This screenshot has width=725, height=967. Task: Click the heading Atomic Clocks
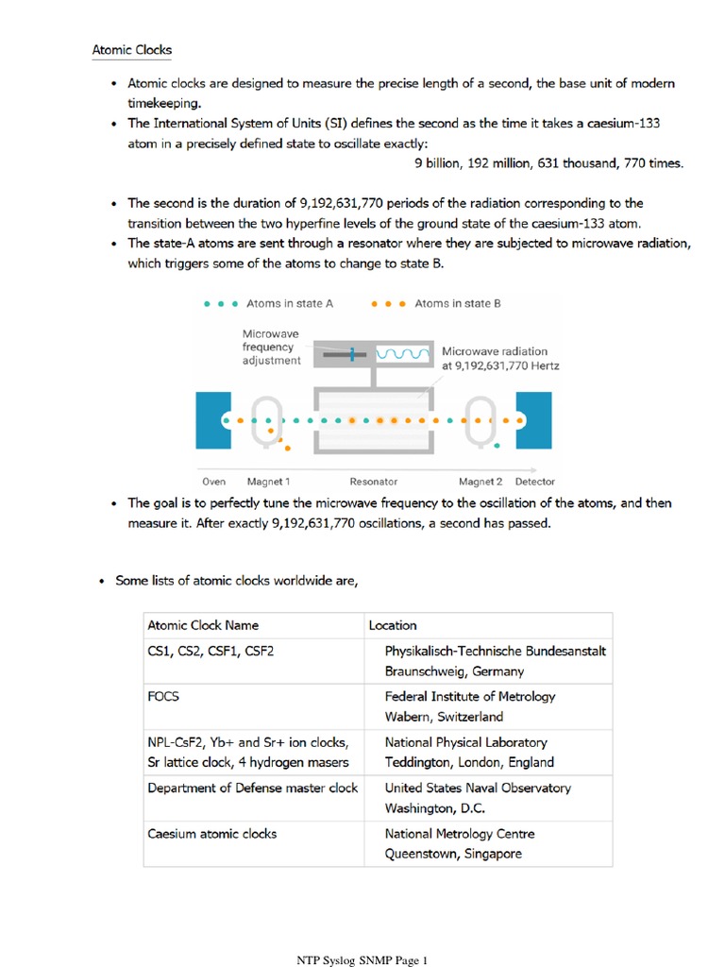(x=131, y=49)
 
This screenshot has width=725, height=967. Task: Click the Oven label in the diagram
(x=214, y=481)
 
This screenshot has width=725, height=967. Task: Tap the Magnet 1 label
(x=268, y=481)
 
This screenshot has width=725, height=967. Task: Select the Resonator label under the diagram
(x=374, y=481)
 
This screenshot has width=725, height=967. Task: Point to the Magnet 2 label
(x=481, y=481)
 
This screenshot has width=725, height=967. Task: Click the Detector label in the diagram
(x=535, y=481)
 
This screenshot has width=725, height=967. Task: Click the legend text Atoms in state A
(x=289, y=303)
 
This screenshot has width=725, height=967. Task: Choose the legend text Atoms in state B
(x=458, y=303)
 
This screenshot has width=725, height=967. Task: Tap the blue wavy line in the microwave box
(x=404, y=353)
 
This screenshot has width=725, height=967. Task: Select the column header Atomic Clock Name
(x=203, y=625)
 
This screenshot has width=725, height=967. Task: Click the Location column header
(x=393, y=625)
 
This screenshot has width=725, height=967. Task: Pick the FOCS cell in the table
(x=163, y=697)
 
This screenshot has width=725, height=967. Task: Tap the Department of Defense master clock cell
(x=252, y=788)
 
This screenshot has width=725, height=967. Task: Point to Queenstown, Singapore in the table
(x=453, y=854)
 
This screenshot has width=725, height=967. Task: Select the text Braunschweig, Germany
(x=454, y=671)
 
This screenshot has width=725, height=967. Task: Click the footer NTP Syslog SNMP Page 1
(x=362, y=960)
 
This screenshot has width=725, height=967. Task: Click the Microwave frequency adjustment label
(x=272, y=347)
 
